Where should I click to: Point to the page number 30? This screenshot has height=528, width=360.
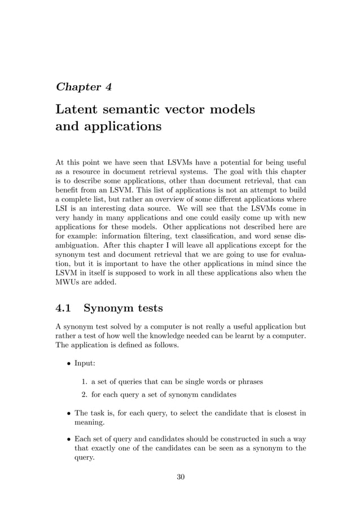[x=181, y=477]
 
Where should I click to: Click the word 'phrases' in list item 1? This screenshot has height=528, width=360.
[x=249, y=382]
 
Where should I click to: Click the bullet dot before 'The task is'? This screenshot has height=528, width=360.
[x=68, y=413]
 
